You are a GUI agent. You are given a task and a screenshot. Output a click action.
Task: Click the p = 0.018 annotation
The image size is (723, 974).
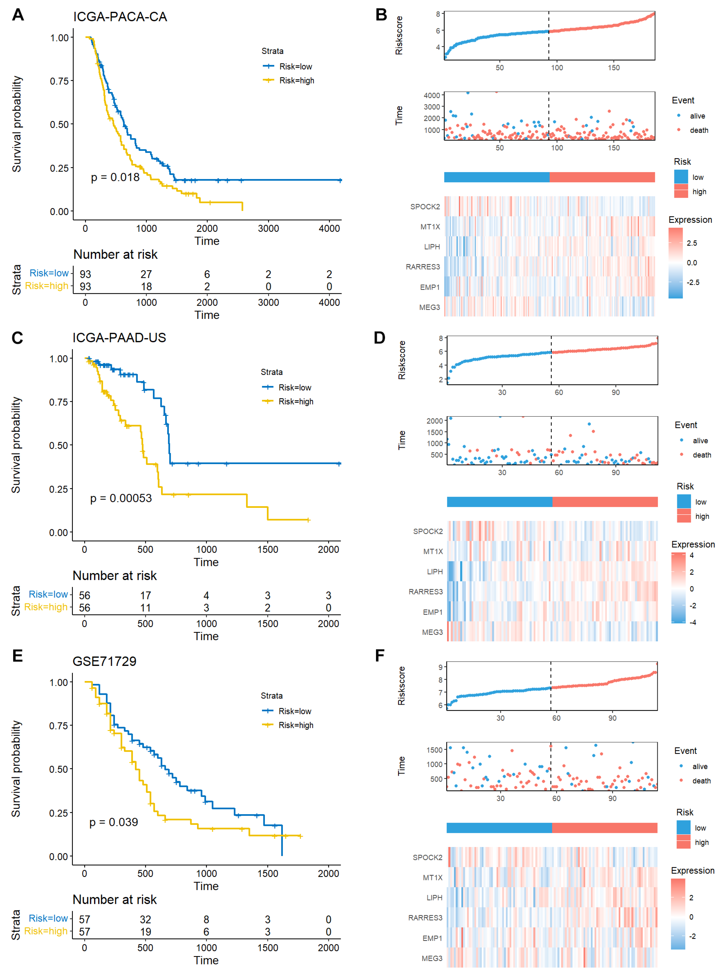click(x=115, y=177)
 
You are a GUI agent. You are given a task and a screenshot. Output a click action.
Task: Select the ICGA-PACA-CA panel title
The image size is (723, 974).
click(x=120, y=17)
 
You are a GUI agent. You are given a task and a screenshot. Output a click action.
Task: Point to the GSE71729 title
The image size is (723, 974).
click(x=104, y=661)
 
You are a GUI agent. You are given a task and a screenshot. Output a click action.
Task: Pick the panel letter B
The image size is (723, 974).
click(x=381, y=15)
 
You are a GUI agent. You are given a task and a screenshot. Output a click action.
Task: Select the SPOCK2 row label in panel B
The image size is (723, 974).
click(x=425, y=207)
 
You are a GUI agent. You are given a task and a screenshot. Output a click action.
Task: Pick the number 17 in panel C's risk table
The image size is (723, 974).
click(x=145, y=595)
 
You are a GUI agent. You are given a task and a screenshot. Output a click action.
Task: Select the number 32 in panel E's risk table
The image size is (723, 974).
click(x=145, y=919)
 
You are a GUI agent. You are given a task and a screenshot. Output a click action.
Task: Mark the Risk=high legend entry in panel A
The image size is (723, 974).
click(x=296, y=81)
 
